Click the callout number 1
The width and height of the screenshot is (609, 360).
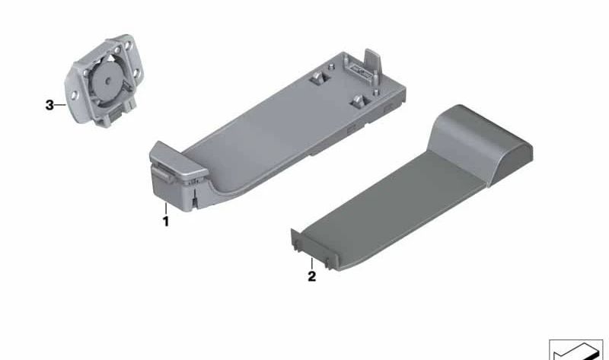(x=166, y=221)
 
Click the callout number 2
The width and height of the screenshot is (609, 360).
(x=312, y=276)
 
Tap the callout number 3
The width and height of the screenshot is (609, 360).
(x=49, y=105)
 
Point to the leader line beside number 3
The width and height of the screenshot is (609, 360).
(x=60, y=105)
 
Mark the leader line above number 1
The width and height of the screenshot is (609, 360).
(x=166, y=209)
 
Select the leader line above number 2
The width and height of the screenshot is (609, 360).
(x=312, y=263)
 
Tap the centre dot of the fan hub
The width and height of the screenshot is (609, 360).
(x=108, y=81)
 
